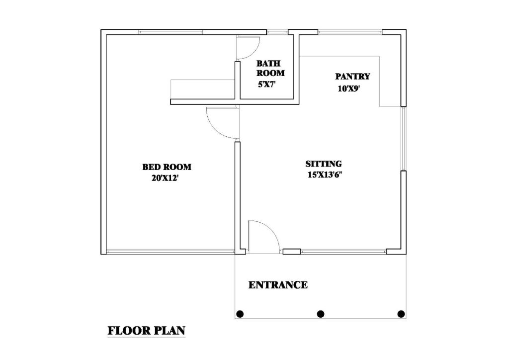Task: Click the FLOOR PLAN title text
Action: click(147, 330)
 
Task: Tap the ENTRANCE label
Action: click(278, 285)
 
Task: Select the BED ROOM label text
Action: click(167, 167)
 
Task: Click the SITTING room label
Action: click(323, 164)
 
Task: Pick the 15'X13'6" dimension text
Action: click(325, 175)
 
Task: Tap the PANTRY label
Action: click(352, 77)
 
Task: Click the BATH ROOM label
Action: click(270, 68)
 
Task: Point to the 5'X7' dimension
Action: click(267, 85)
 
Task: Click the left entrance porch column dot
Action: click(240, 314)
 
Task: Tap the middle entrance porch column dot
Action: click(321, 314)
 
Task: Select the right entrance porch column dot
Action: click(401, 314)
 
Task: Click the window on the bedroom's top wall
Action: click(170, 32)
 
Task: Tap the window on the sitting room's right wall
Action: click(404, 139)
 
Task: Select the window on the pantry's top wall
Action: click(350, 32)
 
